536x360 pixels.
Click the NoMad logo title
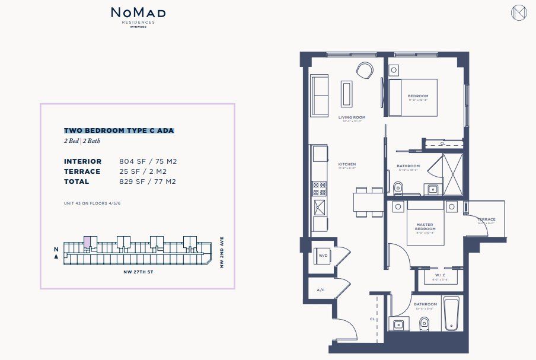[138, 12]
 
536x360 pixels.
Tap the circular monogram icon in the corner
[519, 12]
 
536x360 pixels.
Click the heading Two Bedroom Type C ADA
[119, 130]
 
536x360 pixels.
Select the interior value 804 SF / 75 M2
[148, 161]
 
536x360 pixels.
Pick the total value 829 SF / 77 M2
[148, 181]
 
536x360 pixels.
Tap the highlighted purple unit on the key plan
[87, 241]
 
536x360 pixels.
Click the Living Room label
[352, 117]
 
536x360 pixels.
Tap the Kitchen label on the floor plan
[346, 165]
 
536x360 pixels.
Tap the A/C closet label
[321, 290]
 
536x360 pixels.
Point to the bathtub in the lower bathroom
[452, 313]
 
